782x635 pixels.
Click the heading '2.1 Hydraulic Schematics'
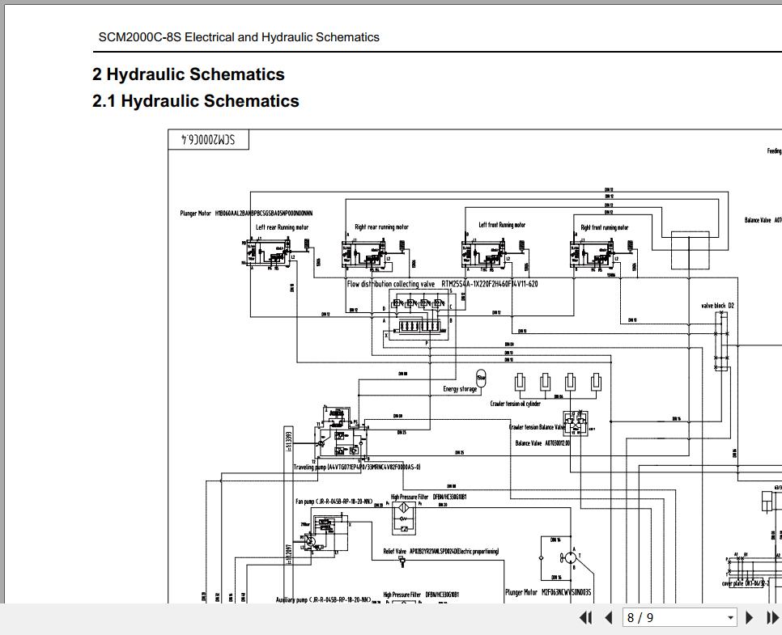click(196, 101)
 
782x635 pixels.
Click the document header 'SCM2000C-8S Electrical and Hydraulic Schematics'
click(239, 37)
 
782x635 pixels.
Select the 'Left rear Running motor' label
click(282, 227)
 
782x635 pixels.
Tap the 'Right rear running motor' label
click(381, 227)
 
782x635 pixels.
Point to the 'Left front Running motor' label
click(502, 226)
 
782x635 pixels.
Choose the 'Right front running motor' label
click(604, 227)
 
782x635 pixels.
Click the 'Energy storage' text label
click(460, 389)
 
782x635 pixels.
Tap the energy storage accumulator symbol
click(481, 378)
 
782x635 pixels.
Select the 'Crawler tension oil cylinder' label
click(526, 404)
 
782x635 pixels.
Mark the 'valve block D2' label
click(717, 306)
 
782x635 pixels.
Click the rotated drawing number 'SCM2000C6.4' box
click(208, 139)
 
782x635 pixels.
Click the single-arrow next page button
click(749, 618)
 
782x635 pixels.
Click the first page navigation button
click(586, 618)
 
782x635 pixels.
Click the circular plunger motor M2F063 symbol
click(570, 557)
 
